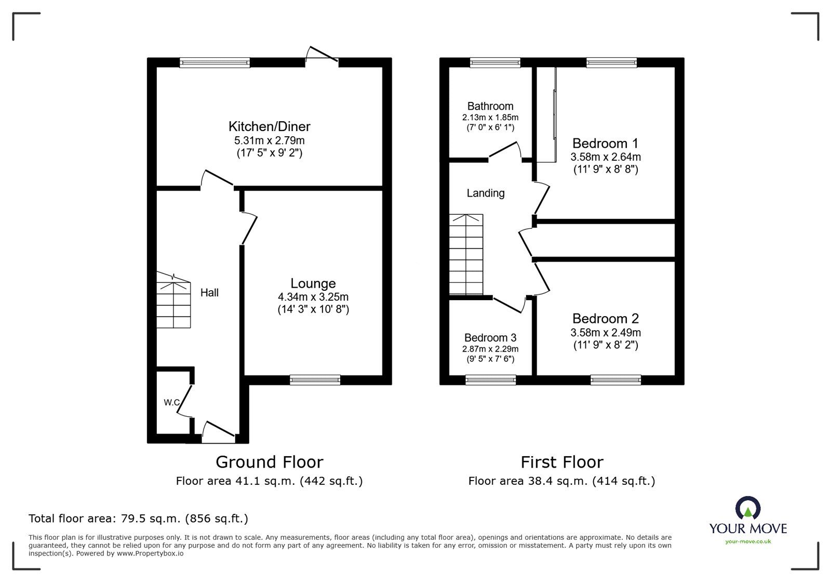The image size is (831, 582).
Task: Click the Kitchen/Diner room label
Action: pos(270,127)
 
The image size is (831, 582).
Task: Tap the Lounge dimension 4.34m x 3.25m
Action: pos(313,297)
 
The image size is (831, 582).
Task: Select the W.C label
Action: pos(172,402)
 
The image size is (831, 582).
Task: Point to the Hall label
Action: pos(209,293)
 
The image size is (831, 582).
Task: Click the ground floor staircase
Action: pos(173,301)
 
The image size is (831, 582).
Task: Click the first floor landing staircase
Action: pos(466,254)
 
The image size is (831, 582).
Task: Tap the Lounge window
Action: pos(315,380)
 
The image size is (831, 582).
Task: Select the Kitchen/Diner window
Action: pos(215,62)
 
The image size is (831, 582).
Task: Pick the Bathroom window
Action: pos(495,62)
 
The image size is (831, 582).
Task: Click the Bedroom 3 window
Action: pos(491,380)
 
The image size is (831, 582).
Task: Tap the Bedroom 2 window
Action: pos(616,380)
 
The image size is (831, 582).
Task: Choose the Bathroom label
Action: pos(490,106)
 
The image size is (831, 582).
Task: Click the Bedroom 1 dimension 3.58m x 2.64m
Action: pos(606,157)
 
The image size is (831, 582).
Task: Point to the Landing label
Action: pos(486,193)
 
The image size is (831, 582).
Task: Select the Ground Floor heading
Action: pos(270,462)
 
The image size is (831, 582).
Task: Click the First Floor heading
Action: pos(562,462)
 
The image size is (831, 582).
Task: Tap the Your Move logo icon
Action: pos(748,507)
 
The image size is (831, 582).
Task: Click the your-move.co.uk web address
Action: pos(748,541)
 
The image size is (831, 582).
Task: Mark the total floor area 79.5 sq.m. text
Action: pos(138,518)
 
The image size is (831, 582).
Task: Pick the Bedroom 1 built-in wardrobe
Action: pos(547,114)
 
